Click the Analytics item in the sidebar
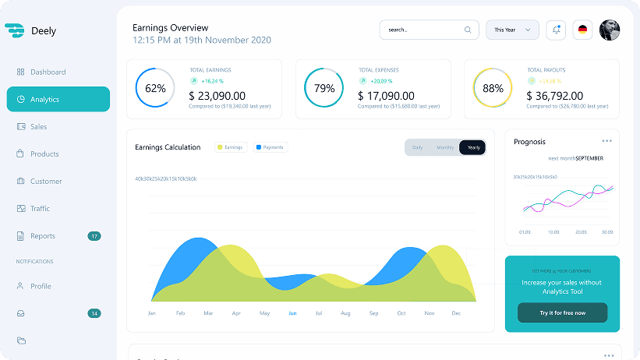point(58,100)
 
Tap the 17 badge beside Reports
point(94,236)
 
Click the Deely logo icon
point(15,31)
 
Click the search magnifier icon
point(468,30)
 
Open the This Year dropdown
point(512,30)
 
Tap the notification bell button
point(556,30)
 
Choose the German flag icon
point(582,30)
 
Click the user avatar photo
point(610,30)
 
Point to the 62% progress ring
point(155,89)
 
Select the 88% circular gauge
point(493,89)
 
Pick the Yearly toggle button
point(472,147)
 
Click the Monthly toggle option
point(445,147)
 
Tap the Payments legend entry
point(270,147)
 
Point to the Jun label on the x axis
point(292,313)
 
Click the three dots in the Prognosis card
point(606,141)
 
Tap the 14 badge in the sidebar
point(94,313)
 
